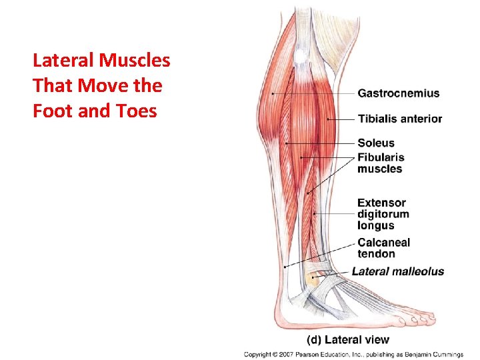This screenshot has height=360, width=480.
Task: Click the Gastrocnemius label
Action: (x=398, y=93)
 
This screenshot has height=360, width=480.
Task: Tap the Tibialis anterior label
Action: (x=399, y=119)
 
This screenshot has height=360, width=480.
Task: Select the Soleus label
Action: (x=376, y=143)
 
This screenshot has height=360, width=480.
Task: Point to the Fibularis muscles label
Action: (x=381, y=163)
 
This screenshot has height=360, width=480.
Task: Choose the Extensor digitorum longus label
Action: (x=383, y=214)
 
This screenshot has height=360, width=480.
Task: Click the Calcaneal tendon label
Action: (x=383, y=248)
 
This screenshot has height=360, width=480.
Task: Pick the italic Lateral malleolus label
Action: (x=397, y=271)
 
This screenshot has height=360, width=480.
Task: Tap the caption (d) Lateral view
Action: (x=347, y=339)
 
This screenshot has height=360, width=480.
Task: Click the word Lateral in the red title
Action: (x=63, y=61)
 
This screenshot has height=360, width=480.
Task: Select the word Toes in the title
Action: (x=139, y=110)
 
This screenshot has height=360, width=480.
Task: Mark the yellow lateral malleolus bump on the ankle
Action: (x=312, y=279)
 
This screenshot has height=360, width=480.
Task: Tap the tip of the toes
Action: (x=434, y=319)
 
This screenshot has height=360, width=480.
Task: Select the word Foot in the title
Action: (x=53, y=110)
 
